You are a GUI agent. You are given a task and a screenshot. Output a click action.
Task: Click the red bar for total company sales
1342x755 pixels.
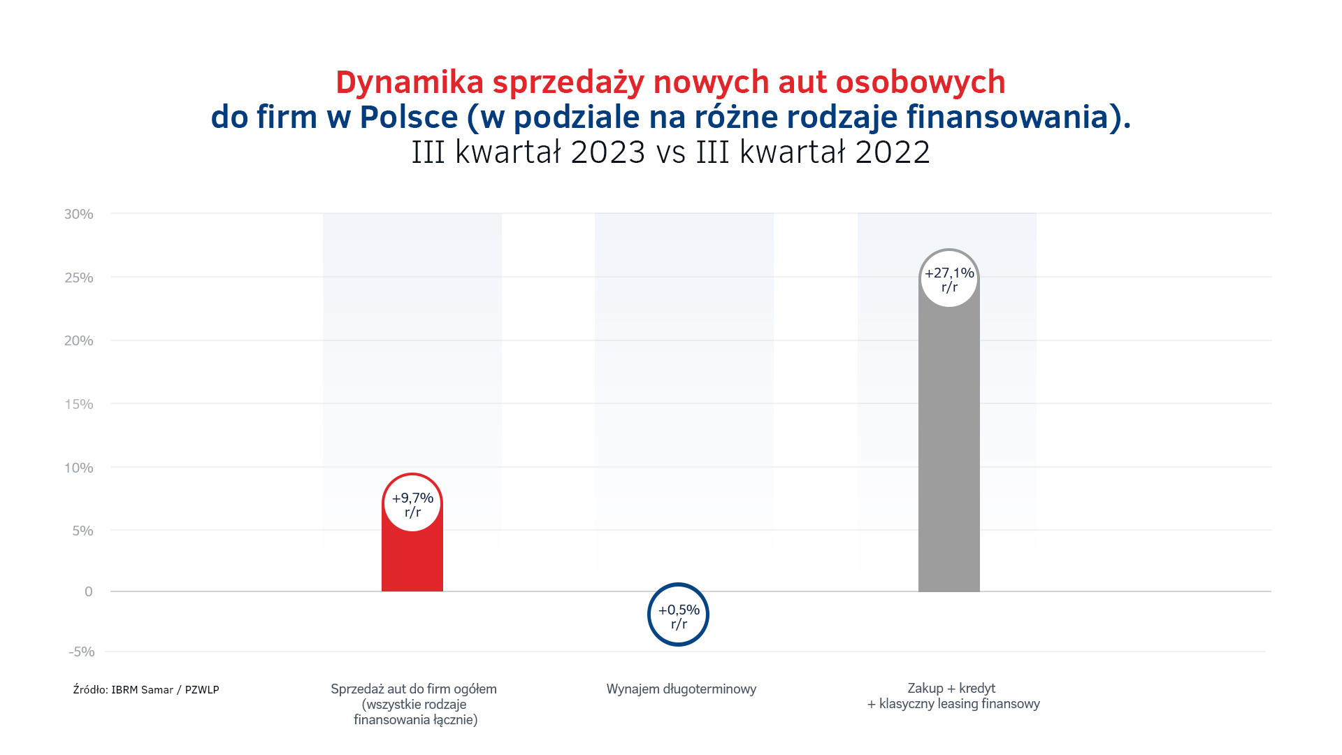[x=412, y=559]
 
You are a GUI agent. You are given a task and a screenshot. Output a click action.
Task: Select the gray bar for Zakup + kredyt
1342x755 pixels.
[x=948, y=447]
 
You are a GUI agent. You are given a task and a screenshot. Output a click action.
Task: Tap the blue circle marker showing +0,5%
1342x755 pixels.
[x=678, y=614]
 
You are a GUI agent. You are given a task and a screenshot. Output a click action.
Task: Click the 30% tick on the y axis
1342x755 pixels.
[x=79, y=215]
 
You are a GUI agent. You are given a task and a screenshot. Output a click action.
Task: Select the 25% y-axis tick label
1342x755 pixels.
[x=79, y=278]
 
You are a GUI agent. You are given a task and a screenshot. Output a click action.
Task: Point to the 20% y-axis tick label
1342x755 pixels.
[x=79, y=341]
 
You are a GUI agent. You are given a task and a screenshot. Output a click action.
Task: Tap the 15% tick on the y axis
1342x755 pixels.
[x=79, y=405]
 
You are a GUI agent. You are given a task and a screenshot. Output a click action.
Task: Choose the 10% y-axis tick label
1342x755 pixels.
[x=79, y=468]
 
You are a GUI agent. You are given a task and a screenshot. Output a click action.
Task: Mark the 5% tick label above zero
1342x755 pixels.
[x=82, y=531]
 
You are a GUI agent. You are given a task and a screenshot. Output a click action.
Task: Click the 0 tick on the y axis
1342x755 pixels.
[x=88, y=592]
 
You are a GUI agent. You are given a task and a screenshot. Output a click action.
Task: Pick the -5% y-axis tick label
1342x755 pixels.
[x=81, y=652]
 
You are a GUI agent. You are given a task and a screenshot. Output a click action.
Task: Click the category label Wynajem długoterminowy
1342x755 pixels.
[x=681, y=689]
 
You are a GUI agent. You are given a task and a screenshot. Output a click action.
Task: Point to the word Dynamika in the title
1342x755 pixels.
[x=410, y=82]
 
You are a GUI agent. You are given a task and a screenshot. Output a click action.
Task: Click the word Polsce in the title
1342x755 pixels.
[x=409, y=117]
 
